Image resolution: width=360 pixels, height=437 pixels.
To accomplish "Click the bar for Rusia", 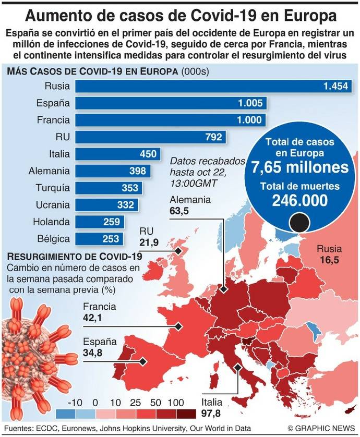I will tap(214, 87).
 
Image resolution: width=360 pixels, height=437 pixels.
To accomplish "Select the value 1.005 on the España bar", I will tap(252, 103).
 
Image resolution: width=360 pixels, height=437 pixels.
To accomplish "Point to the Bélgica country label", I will tap(53, 239).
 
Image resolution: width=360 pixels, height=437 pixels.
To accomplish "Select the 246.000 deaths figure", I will tap(299, 200).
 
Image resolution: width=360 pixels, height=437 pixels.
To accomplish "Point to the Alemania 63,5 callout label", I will tap(189, 204).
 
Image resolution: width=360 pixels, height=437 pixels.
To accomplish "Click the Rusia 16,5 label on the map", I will tap(327, 253).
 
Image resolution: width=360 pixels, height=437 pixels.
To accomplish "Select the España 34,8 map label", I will tap(99, 347).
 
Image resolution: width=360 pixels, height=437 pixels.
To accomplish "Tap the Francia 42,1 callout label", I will tap(99, 312).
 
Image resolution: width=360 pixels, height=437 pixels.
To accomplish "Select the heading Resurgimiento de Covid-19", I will tap(73, 257).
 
